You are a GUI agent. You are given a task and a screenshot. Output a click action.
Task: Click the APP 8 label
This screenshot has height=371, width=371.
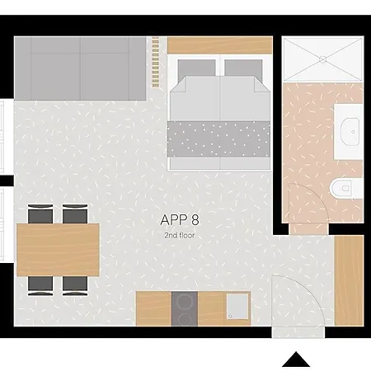180,220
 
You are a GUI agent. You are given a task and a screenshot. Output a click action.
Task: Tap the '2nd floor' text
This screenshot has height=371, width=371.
180,236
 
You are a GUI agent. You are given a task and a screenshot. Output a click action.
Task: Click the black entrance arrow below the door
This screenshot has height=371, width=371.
296,359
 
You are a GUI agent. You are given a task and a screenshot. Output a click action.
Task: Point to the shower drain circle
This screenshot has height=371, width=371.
323,59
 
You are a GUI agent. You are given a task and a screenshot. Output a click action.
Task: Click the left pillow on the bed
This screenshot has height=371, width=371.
196,68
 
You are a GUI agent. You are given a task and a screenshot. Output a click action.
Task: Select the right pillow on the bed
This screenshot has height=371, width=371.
243,68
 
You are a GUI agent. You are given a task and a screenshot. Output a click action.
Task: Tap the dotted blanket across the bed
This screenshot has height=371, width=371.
218,139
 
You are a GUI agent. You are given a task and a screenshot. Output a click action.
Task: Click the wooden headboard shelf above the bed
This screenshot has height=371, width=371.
220,45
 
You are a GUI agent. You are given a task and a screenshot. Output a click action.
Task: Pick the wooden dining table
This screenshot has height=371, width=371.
58,250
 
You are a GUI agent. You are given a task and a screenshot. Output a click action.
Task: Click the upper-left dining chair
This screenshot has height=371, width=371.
40,214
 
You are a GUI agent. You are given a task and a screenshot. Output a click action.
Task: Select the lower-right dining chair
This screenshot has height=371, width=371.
75,286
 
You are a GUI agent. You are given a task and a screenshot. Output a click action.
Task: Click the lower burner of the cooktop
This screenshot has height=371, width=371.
184,319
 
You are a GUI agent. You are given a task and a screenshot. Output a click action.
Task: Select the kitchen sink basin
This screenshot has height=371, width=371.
237,306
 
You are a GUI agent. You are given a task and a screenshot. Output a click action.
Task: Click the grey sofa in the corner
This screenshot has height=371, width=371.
80,68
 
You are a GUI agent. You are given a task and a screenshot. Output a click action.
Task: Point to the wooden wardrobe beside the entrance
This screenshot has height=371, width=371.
350,280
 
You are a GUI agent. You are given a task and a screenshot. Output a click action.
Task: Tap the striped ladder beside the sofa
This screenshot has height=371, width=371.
156,63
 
